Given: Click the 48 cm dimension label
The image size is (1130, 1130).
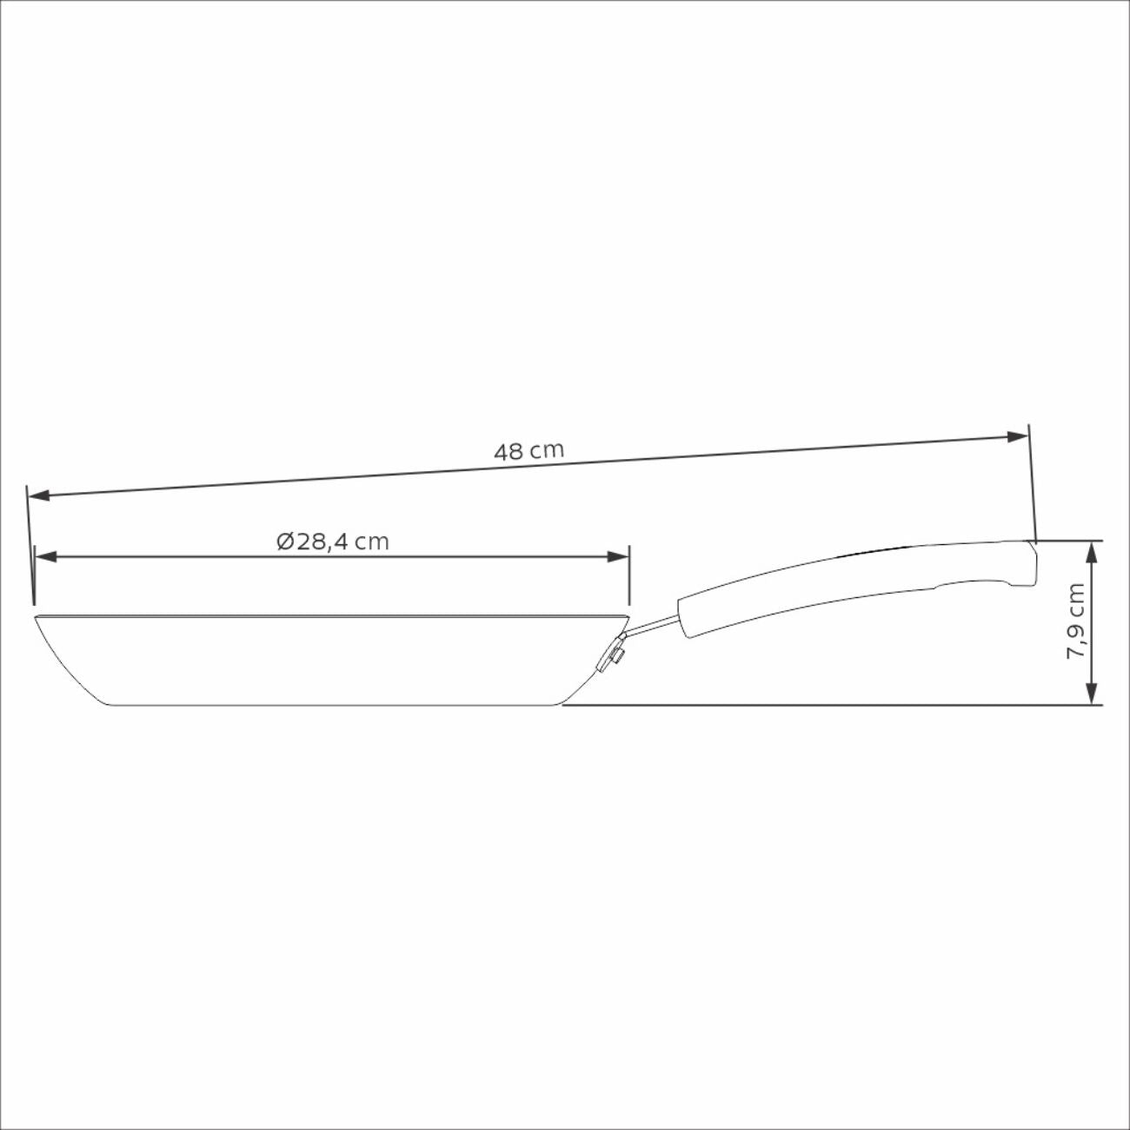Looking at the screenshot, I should (x=528, y=451).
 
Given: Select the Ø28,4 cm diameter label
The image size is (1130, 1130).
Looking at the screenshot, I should (x=332, y=542).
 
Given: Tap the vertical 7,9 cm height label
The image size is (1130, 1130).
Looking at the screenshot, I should (x=1076, y=621).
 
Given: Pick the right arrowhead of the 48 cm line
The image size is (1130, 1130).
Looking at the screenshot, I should (x=1019, y=436).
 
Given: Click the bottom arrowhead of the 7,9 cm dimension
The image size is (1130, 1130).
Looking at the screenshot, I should (x=1090, y=695).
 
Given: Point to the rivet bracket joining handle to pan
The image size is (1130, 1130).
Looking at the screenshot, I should (x=612, y=655).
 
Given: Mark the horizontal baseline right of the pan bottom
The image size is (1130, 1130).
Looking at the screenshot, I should (x=826, y=705).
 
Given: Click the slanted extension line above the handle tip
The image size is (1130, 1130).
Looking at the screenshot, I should (x=1032, y=478).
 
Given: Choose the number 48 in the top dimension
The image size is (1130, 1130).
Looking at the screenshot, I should (x=509, y=452).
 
